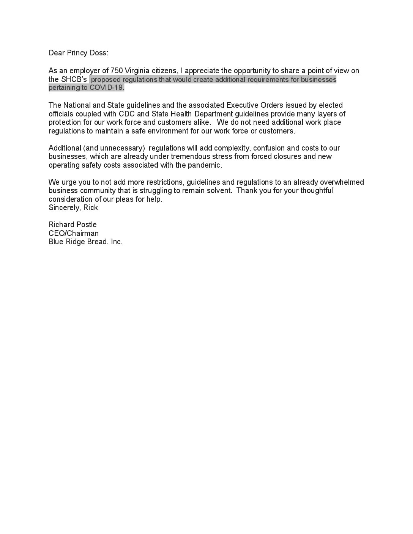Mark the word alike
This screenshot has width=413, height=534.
pyautogui.click(x=199, y=122)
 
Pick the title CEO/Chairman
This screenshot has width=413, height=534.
pyautogui.click(x=74, y=233)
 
